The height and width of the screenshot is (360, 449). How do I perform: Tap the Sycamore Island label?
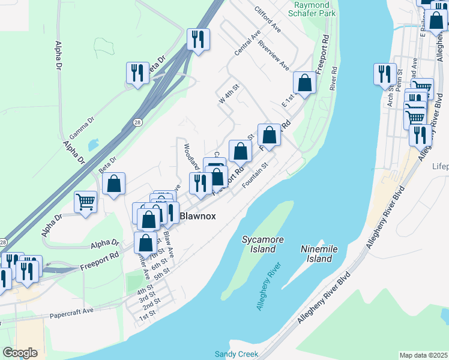(263, 244)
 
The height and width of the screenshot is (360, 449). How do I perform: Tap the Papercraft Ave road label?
(72, 312)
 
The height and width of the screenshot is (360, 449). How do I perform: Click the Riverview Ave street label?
(274, 58)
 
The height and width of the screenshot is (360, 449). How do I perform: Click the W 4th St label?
(229, 95)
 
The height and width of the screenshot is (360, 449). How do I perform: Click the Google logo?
(20, 353)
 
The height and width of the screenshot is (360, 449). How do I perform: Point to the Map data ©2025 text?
(423, 355)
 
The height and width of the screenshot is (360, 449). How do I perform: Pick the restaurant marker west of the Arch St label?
(384, 74)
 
